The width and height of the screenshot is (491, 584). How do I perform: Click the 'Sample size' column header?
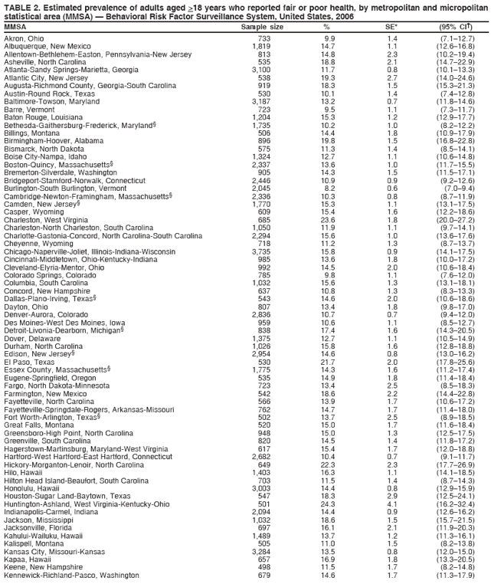tap(262, 26)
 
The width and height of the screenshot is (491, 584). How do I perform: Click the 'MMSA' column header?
tap(15, 26)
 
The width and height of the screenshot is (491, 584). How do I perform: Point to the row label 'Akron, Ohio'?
tap(24, 38)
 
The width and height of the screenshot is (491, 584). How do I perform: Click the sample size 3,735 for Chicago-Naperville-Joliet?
tap(260, 229)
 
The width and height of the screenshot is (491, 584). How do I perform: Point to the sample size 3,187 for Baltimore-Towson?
tap(260, 101)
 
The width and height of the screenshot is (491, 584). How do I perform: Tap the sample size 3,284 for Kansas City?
tap(260, 550)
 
